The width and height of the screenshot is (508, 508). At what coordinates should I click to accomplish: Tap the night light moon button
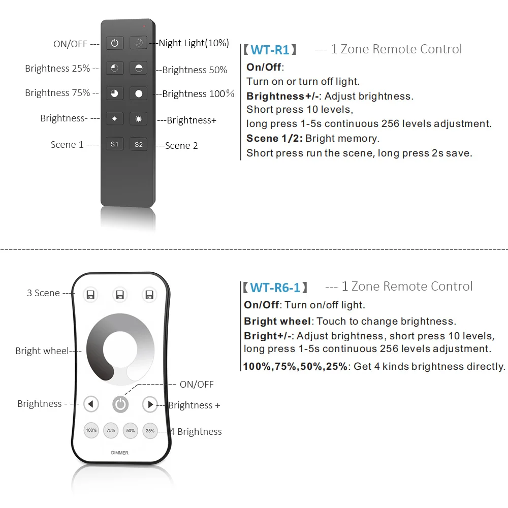(138, 43)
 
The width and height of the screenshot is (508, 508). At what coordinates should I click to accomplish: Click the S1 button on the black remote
(114, 144)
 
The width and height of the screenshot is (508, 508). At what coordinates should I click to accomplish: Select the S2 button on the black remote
(138, 144)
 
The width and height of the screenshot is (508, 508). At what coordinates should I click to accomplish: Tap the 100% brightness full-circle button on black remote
(138, 93)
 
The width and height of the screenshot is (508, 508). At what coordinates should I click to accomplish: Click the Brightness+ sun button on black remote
(138, 119)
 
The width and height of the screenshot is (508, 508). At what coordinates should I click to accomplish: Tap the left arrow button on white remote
(91, 404)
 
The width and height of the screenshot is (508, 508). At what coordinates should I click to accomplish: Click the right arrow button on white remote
(150, 404)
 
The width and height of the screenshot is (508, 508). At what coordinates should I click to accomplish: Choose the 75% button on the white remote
(111, 431)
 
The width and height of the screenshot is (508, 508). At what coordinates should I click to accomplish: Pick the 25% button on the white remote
(150, 431)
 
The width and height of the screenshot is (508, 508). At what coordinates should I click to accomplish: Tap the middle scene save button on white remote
(120, 295)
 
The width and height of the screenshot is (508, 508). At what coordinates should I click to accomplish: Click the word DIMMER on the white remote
(120, 453)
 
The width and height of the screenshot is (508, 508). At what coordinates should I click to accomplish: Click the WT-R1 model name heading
(270, 50)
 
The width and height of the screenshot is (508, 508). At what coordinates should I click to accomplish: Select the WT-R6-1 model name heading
(275, 288)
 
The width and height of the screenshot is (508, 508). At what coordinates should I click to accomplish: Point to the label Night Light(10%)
(194, 43)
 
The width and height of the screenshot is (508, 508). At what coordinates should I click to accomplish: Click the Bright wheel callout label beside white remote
(42, 351)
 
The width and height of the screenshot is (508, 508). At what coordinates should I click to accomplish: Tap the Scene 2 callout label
(181, 146)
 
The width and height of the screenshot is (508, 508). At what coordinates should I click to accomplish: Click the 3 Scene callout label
(43, 293)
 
